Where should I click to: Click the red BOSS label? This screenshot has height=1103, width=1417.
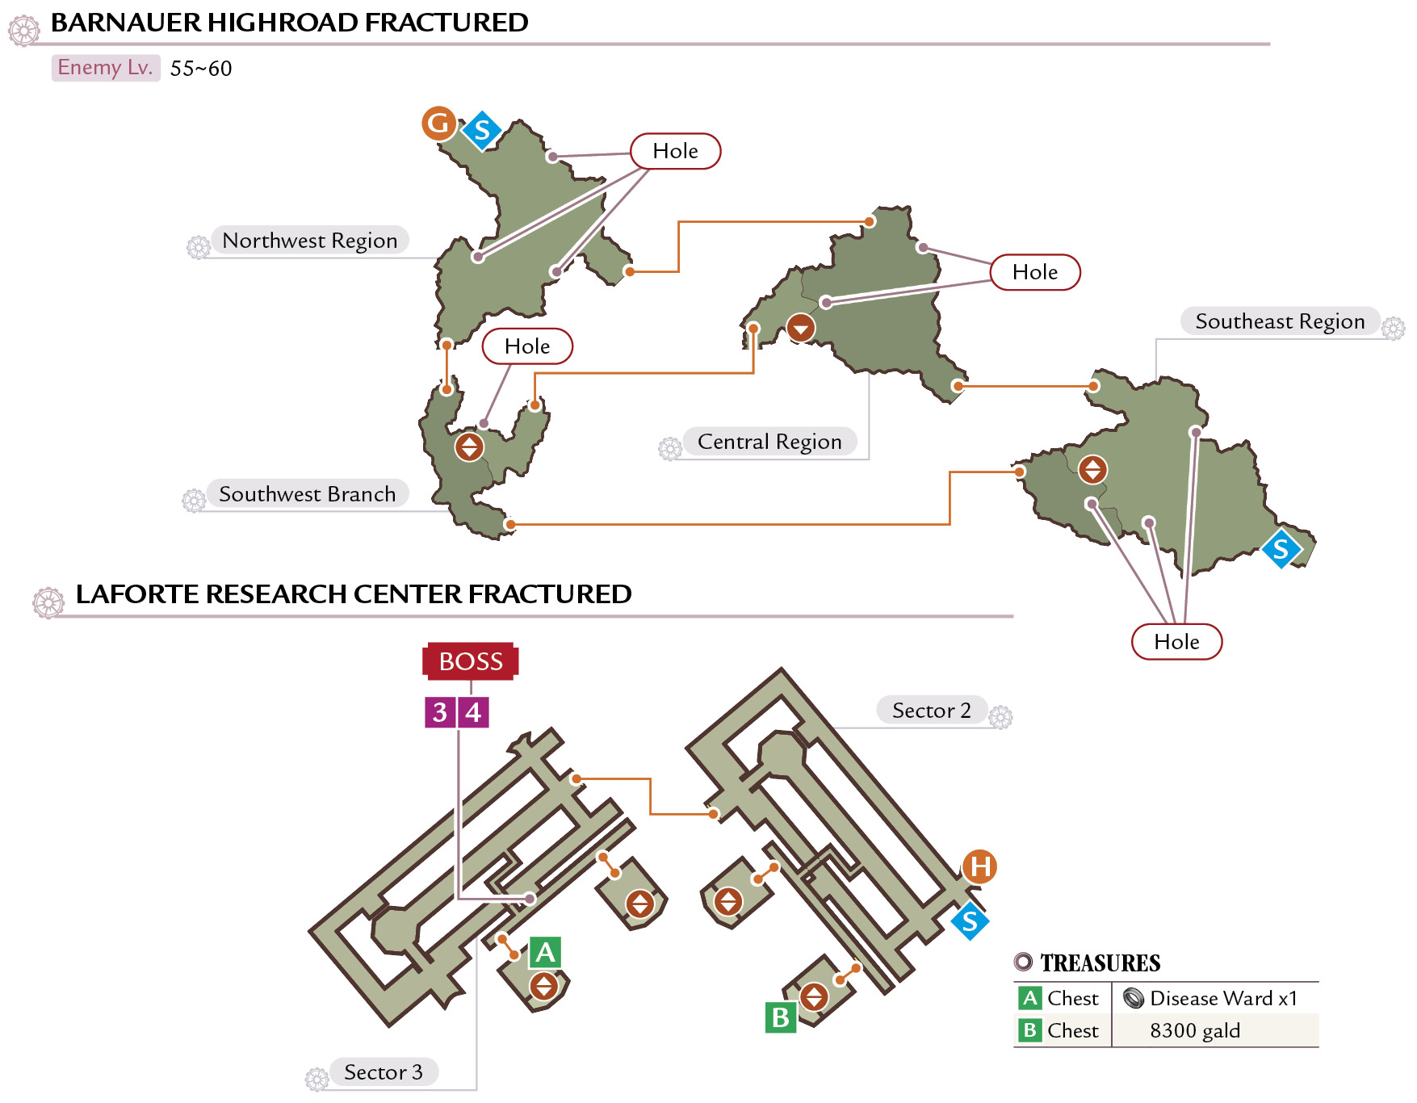(x=471, y=661)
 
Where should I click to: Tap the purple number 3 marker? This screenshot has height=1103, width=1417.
(x=440, y=712)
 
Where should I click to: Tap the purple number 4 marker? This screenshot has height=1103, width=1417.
(x=474, y=712)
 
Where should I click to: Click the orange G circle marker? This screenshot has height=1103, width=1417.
(x=439, y=124)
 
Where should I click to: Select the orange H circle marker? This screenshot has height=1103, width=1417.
(x=979, y=867)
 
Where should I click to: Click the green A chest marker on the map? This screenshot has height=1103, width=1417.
(x=546, y=953)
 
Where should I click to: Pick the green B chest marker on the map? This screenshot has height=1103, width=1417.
(x=781, y=1017)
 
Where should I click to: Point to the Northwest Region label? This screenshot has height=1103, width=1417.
(x=310, y=241)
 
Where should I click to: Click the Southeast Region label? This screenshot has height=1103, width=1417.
(x=1281, y=321)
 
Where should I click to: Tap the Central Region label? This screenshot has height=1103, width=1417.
(x=769, y=442)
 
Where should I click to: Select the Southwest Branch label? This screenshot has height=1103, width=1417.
(x=308, y=494)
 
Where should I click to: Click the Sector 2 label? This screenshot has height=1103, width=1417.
(x=932, y=711)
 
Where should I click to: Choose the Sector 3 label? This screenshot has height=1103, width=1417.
(x=384, y=1072)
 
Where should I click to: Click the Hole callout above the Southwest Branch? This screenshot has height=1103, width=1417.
(x=527, y=346)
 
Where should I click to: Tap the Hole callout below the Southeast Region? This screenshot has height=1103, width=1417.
(x=1177, y=642)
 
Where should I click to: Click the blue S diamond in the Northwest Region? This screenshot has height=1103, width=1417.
(x=482, y=130)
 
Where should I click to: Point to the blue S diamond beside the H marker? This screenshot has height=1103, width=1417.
(x=970, y=921)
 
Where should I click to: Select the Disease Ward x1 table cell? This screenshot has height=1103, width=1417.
(x=1215, y=999)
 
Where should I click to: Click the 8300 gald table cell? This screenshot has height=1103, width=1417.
(x=1215, y=1031)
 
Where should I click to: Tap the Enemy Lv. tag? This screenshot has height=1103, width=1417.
(x=106, y=68)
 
